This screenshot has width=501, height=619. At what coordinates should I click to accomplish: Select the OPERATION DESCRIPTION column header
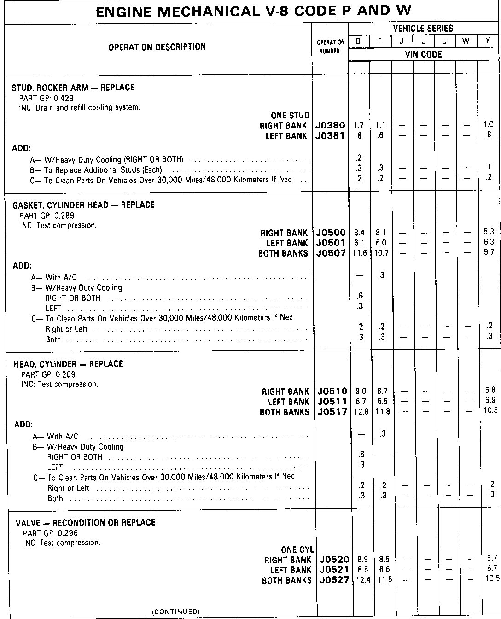point(157,47)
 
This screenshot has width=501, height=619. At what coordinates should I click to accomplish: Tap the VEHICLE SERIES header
point(423,29)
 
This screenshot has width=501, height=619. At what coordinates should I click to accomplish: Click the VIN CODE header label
point(423,54)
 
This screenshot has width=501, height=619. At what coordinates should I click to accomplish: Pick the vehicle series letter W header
point(466,41)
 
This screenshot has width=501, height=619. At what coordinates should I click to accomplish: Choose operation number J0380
point(330,125)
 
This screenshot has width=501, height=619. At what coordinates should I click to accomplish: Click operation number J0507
point(331,253)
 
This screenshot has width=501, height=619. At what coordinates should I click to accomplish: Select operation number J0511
point(332,402)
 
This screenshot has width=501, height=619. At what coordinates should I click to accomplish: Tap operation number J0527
point(334,580)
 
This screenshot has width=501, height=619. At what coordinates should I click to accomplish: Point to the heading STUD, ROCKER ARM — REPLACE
point(73,88)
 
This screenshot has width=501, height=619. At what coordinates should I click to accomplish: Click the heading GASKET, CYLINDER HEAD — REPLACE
point(83,205)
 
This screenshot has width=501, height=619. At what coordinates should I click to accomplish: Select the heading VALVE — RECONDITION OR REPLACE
point(86,523)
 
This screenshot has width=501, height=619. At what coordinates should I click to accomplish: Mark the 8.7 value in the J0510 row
point(382,391)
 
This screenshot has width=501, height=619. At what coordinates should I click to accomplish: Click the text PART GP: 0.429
point(47,98)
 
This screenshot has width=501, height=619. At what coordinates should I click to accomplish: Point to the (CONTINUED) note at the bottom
point(176,612)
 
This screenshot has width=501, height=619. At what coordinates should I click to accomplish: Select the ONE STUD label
point(290,116)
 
